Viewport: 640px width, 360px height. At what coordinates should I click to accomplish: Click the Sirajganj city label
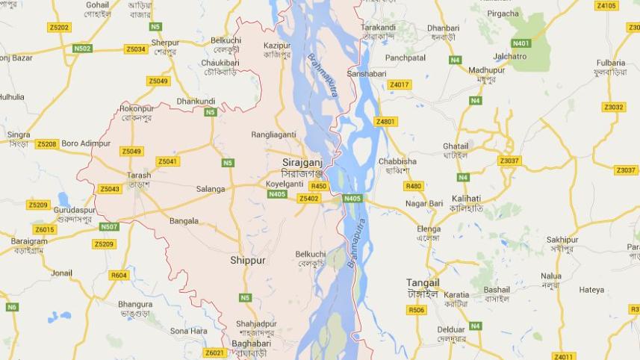coord(302,162)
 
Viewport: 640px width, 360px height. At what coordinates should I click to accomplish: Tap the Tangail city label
coord(423,283)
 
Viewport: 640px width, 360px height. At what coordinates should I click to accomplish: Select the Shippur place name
coord(247,261)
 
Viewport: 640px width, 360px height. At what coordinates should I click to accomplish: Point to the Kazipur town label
coord(276,46)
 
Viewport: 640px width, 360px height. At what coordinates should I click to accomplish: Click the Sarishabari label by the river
coord(367,74)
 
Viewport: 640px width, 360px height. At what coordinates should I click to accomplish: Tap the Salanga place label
coord(210,190)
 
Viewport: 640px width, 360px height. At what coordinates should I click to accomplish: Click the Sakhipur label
coord(562,240)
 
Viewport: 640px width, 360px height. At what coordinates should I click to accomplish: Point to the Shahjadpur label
coord(257,323)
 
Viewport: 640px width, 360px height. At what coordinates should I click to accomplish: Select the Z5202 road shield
coord(58,28)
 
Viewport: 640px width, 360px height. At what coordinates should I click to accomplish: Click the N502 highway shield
coord(82,49)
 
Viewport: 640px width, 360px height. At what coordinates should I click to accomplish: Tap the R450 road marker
coord(319,186)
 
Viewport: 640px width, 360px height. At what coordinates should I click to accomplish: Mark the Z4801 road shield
coord(386,122)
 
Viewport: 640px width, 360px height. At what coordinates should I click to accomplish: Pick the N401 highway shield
coord(521,43)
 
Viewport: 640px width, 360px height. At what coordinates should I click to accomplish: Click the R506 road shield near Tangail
coord(417,310)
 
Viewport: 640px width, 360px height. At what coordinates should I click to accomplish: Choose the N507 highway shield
coord(109,226)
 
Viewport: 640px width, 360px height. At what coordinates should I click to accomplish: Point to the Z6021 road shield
coord(214,353)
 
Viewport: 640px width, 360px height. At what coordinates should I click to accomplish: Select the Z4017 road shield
coord(400,84)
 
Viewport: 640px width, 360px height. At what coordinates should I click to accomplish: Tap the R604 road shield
coord(119,276)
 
